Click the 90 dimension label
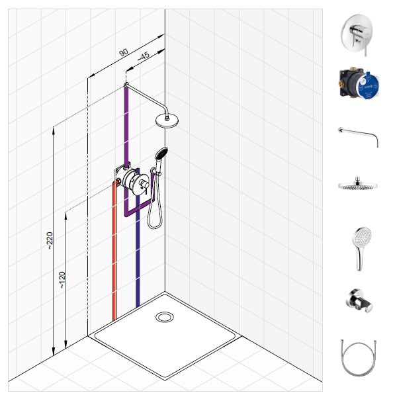point(123,52)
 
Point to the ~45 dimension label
point(144,56)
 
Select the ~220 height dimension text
point(50,241)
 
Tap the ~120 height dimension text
point(62,280)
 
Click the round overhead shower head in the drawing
point(167,121)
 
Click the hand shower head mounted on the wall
point(161,154)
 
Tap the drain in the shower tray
point(165,317)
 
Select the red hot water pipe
point(114,251)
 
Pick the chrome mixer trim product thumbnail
point(357,34)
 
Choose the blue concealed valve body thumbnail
point(359,83)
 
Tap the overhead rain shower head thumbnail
point(358,184)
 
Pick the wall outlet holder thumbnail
point(360,300)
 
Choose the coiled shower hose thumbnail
point(358,357)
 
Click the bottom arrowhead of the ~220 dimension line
point(54,351)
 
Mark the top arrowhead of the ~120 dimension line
point(66,216)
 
